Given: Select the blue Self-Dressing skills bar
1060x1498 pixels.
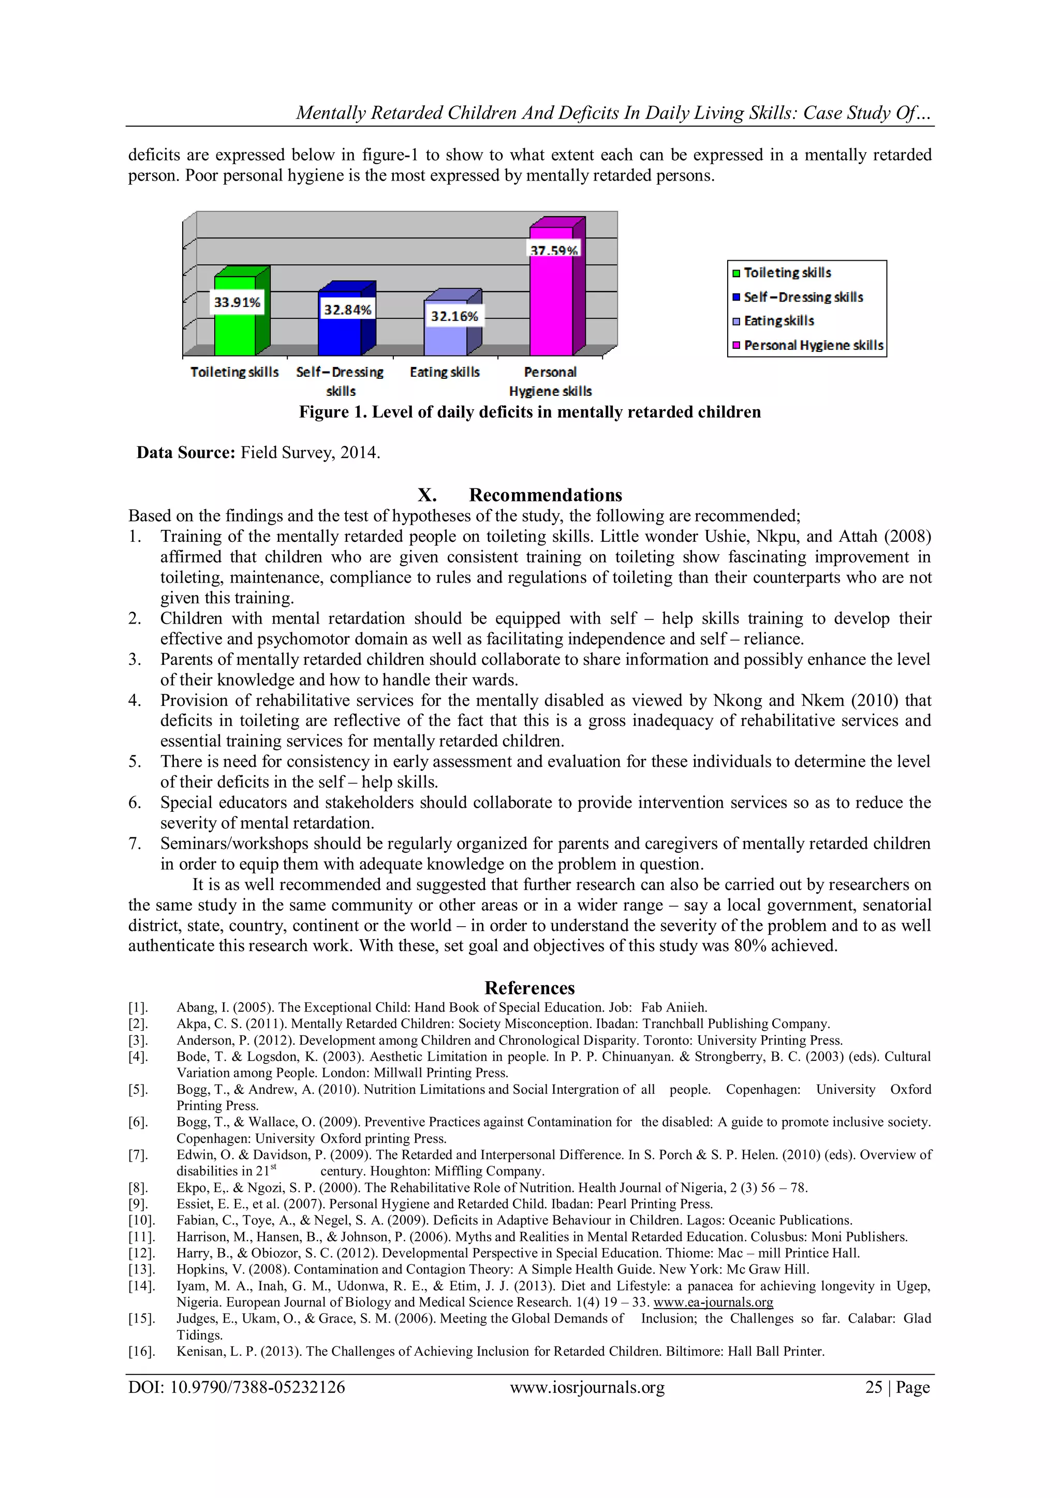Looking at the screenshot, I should [x=340, y=336].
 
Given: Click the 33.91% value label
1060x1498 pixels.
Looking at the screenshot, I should [x=237, y=302].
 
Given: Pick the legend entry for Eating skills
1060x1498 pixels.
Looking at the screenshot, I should [x=778, y=321].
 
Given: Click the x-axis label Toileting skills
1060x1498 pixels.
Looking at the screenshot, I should [x=234, y=372].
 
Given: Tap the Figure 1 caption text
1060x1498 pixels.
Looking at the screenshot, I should [x=529, y=412].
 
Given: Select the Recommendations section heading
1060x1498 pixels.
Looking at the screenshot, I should [x=545, y=495].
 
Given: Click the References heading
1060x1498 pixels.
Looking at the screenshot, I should [x=529, y=987].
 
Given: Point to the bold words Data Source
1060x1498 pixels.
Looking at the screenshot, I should [x=185, y=452].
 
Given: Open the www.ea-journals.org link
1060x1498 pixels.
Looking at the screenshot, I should [x=713, y=1302].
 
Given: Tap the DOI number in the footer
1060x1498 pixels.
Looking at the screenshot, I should [x=237, y=1387].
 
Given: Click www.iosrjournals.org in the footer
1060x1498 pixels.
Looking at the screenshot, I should [x=587, y=1387].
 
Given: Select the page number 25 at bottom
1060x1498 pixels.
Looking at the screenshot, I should [x=873, y=1387].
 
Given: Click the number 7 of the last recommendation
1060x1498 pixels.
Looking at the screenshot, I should [x=134, y=843].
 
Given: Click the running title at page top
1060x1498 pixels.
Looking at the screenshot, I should [x=613, y=113].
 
